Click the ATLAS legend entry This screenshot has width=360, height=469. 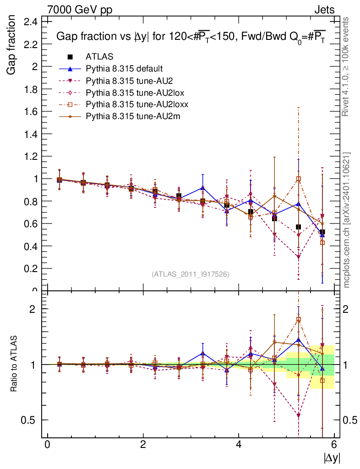99,57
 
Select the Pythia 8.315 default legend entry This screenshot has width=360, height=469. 124,69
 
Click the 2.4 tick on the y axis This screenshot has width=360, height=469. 31,22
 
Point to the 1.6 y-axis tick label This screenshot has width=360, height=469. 31,111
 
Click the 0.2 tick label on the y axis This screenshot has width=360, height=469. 31,268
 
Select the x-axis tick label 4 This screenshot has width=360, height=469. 239,445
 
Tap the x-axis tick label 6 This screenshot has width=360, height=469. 334,445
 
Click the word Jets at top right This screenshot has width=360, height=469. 324,10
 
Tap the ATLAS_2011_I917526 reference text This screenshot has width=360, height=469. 190,274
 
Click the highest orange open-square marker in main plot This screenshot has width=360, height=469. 299,179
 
